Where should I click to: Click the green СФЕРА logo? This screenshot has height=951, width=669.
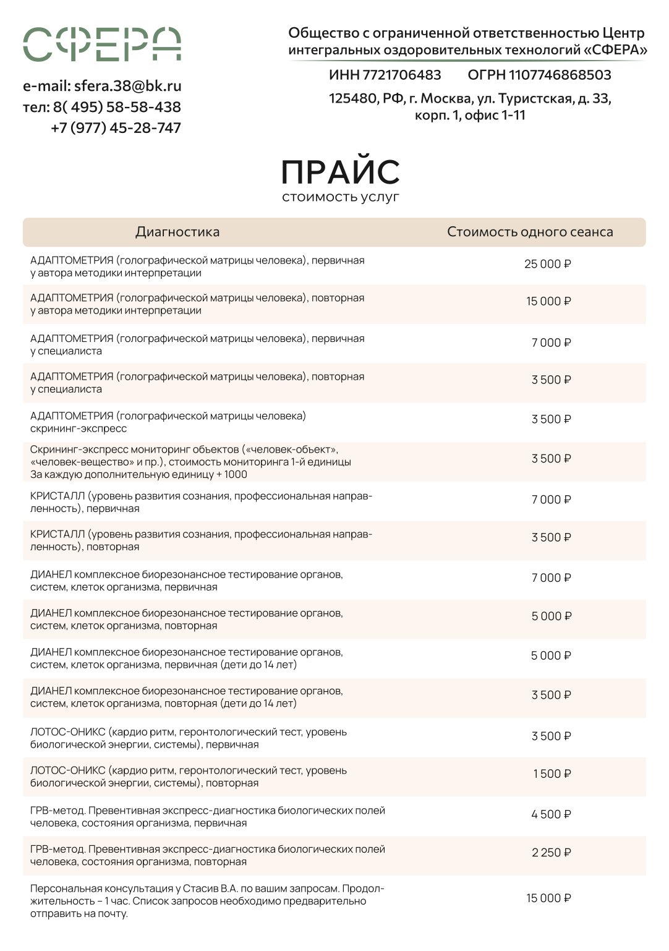pyautogui.click(x=102, y=45)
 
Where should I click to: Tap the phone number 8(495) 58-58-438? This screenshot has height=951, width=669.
pyautogui.click(x=117, y=107)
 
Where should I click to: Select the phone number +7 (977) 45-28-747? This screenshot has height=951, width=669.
pyautogui.click(x=116, y=128)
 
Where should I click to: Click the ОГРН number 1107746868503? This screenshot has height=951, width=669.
pyautogui.click(x=560, y=75)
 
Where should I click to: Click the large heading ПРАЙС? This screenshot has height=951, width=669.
pyautogui.click(x=341, y=173)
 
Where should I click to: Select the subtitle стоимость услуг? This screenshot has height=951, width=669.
pyautogui.click(x=341, y=197)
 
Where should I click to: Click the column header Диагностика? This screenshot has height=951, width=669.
pyautogui.click(x=177, y=232)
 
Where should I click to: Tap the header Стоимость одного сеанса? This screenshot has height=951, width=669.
pyautogui.click(x=530, y=232)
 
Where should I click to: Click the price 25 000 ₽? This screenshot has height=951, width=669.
pyautogui.click(x=547, y=264)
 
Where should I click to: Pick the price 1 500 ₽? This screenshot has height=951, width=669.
pyautogui.click(x=552, y=774)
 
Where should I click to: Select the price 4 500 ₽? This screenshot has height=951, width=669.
pyautogui.click(x=551, y=814)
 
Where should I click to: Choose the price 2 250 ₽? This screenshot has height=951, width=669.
pyautogui.click(x=551, y=853)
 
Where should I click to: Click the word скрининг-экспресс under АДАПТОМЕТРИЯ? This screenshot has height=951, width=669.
pyautogui.click(x=79, y=429)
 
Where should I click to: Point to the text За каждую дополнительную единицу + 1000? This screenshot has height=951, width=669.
pyautogui.click(x=138, y=475)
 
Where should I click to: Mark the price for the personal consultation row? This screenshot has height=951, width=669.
pyautogui.click(x=548, y=898)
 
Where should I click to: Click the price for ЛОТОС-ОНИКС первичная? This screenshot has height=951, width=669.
pyautogui.click(x=551, y=736)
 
